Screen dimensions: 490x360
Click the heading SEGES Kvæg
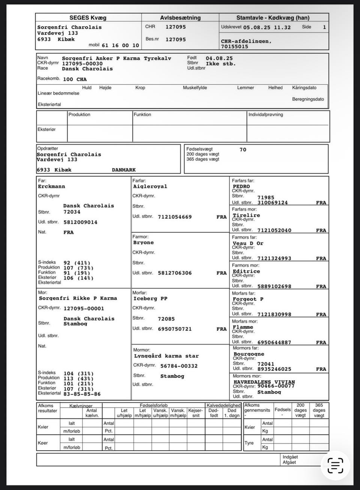[x=88, y=18]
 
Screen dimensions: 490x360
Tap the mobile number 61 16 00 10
[x=120, y=45]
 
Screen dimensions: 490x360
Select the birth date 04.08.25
[x=219, y=58]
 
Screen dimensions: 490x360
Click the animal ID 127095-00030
[x=82, y=64]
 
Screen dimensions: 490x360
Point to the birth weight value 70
[x=243, y=150]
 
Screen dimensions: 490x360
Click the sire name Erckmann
[x=51, y=187]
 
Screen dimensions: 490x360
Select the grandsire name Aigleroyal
[x=150, y=187]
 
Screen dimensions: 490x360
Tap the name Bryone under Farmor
[x=143, y=243]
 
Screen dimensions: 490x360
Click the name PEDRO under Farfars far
[x=241, y=187]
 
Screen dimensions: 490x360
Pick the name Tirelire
[x=246, y=215]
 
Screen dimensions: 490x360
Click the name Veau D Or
[x=248, y=243]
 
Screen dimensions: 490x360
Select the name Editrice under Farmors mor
[x=246, y=271]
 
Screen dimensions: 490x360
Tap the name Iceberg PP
[x=150, y=299]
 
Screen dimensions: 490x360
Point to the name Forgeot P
[x=248, y=299]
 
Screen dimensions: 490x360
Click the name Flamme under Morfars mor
[x=243, y=327]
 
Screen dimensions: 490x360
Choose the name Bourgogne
[x=249, y=354]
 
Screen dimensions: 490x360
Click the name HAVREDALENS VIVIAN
[x=264, y=382]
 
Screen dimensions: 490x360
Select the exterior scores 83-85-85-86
[x=82, y=394]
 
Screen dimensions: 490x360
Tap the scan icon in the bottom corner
[x=335, y=465]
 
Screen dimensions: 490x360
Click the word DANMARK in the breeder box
[x=124, y=170]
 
